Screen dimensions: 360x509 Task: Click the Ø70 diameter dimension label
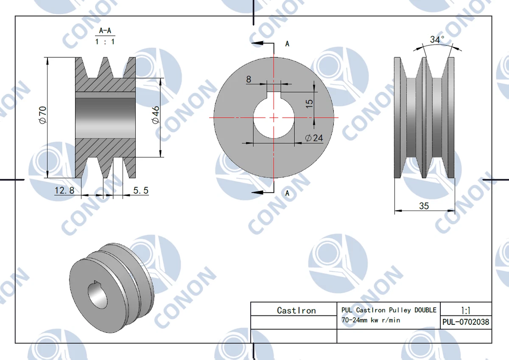(x=42, y=115)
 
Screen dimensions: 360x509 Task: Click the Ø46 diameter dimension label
(x=155, y=115)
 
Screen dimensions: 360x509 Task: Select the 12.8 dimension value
(x=64, y=191)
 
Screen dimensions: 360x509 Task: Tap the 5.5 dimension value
(x=141, y=191)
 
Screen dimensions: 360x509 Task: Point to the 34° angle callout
(x=437, y=40)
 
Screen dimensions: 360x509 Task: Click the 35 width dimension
(x=424, y=206)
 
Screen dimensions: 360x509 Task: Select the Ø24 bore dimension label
(x=314, y=138)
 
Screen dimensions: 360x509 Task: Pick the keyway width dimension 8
(x=249, y=79)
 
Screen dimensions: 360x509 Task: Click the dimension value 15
(x=309, y=103)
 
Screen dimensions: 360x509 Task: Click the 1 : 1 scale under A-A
(x=105, y=42)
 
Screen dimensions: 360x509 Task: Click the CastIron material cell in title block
(x=296, y=310)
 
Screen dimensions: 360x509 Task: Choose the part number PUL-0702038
(x=465, y=322)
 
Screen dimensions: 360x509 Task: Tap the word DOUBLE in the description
(x=425, y=310)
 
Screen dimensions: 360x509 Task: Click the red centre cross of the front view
(x=274, y=117)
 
